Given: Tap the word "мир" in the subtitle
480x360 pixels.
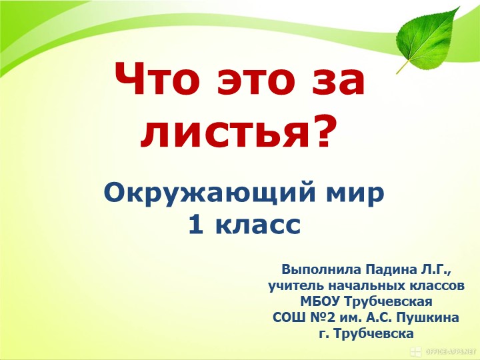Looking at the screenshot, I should pos(354,193).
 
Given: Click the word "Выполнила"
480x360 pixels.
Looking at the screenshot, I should pos(319,271).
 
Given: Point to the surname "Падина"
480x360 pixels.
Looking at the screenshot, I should pos(393,271).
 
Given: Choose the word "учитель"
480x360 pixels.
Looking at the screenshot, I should pos(296,286).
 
